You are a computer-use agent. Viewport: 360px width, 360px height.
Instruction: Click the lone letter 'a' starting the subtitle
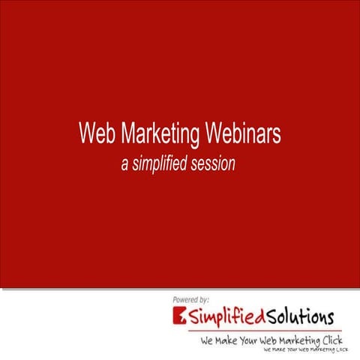(x=125, y=163)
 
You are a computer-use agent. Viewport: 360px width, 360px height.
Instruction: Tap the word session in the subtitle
(x=214, y=163)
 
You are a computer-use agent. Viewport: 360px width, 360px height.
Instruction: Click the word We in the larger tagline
(x=208, y=341)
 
